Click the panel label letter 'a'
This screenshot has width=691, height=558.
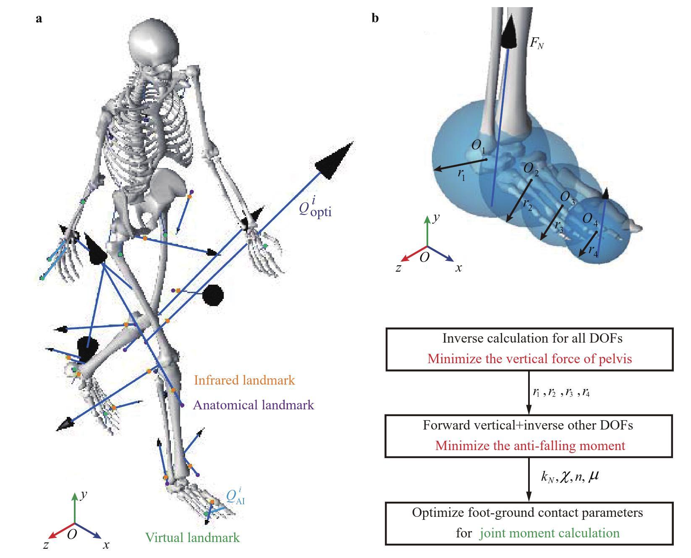[39, 19]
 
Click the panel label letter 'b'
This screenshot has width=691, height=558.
[375, 18]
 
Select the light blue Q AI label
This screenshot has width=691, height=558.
[235, 496]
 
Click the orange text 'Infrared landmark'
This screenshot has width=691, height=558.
[244, 380]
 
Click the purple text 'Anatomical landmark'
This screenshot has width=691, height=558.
[253, 405]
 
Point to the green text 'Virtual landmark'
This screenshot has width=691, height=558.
[192, 537]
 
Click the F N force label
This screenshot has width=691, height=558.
[537, 43]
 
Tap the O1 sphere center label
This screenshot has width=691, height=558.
[478, 146]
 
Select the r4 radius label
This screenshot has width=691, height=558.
[593, 251]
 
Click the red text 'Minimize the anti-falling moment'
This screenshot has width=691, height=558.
[530, 445]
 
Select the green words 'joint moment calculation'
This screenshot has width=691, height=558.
[550, 533]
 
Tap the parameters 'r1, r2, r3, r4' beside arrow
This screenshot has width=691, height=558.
[561, 393]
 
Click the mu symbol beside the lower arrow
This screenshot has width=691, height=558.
[594, 476]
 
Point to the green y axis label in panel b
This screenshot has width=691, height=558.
[437, 218]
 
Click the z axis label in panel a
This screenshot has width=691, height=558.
[46, 545]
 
